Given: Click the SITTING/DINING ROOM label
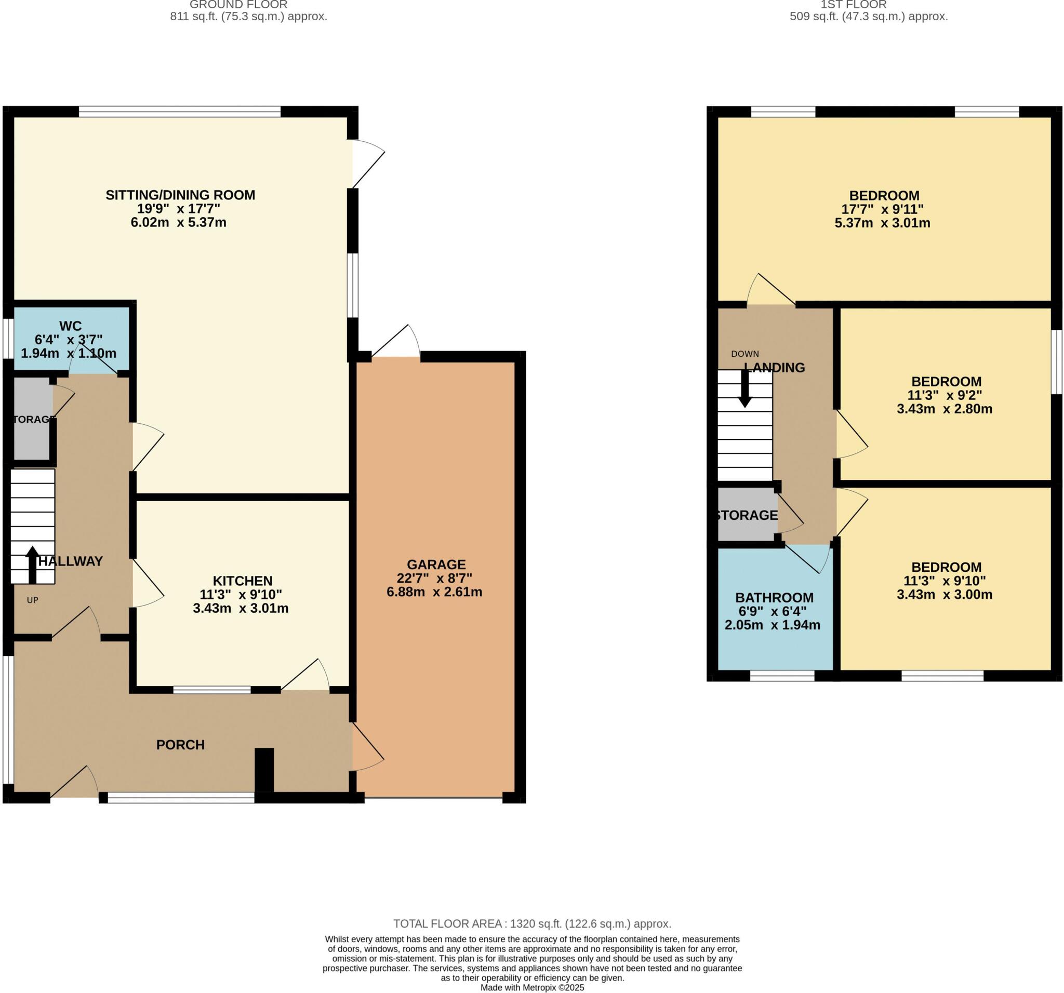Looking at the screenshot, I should click(180, 195).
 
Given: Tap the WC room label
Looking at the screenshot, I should click(70, 326).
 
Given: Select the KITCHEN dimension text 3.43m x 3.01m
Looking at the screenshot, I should click(241, 608).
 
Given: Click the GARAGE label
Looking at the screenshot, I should click(436, 565).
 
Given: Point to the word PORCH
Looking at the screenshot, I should click(180, 745).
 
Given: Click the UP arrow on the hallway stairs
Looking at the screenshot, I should click(32, 565).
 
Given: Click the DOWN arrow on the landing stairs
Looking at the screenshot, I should click(744, 390).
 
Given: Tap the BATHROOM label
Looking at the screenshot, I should click(774, 598).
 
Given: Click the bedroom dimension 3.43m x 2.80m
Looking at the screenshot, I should click(944, 409).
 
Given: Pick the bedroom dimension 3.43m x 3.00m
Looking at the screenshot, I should click(944, 595).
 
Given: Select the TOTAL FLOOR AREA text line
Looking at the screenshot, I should click(532, 924).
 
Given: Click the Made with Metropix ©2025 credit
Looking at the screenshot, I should click(532, 988).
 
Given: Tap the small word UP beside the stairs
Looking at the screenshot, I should click(33, 600).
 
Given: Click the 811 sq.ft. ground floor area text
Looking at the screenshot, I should click(248, 17).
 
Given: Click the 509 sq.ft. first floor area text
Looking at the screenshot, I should click(868, 17).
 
